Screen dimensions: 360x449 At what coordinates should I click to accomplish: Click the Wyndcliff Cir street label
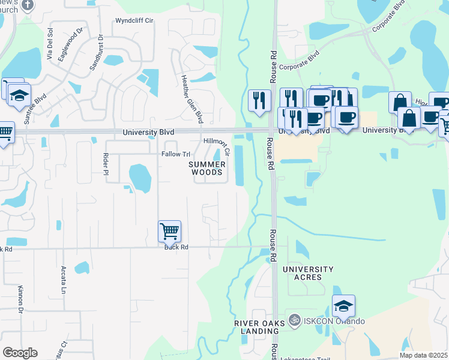click(135, 20)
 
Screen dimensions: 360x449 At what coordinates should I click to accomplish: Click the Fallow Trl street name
click(175, 154)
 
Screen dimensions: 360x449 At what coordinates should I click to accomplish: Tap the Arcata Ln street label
click(63, 280)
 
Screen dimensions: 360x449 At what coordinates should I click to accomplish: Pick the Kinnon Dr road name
click(20, 300)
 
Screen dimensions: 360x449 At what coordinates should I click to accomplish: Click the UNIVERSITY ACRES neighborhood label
click(307, 273)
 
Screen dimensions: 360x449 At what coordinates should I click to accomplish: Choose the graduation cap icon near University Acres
click(343, 306)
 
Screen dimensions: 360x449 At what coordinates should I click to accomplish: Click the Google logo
click(20, 353)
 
